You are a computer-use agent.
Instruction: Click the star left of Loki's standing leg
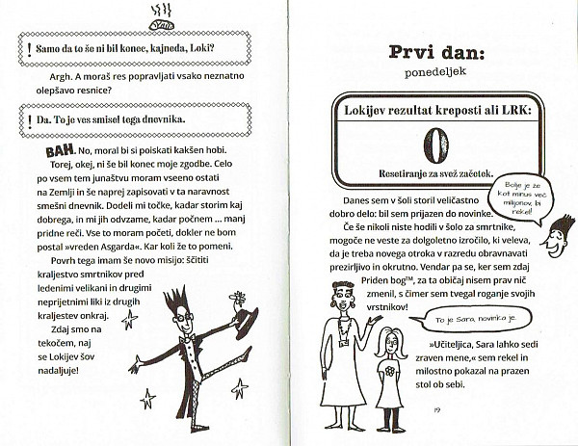(x=149, y=397)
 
